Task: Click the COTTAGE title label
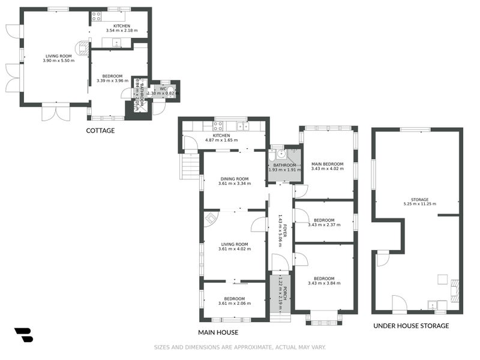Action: (100, 130)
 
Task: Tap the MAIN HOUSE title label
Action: (218, 332)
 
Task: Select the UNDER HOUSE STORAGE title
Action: (411, 326)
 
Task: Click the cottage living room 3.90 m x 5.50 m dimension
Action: (59, 61)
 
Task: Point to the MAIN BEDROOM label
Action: (327, 164)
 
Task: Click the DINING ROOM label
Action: (234, 179)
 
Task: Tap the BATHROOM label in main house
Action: (284, 165)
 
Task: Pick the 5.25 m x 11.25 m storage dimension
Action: (419, 204)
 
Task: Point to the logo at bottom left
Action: (23, 335)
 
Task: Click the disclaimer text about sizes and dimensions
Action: (239, 347)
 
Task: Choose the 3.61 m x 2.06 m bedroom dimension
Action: (234, 304)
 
